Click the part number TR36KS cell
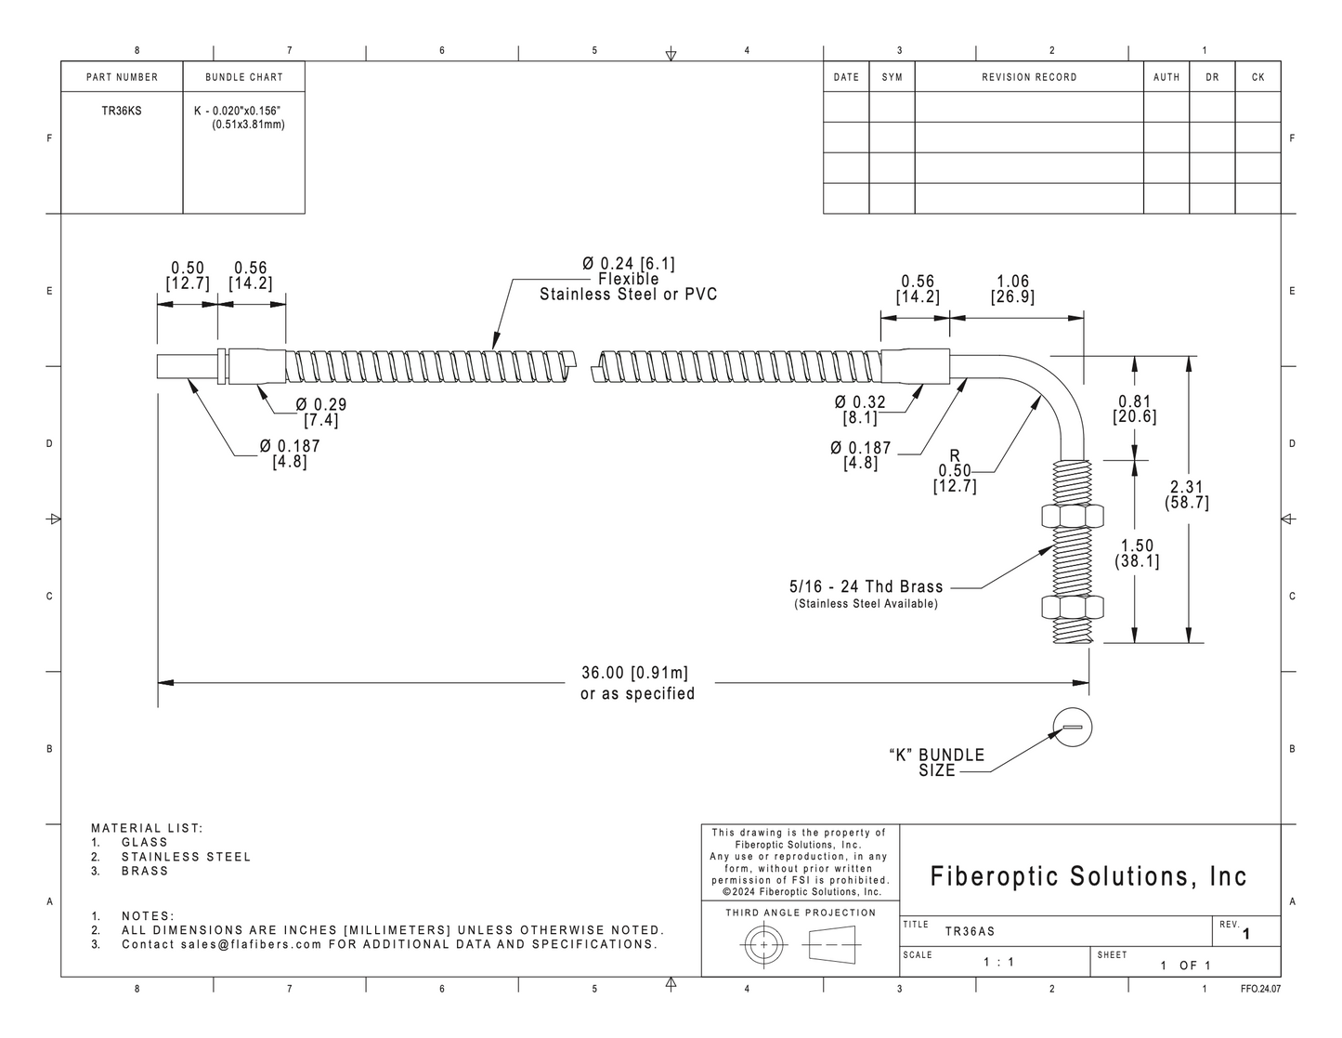pyautogui.click(x=122, y=112)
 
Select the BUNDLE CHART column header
pyautogui.click(x=244, y=77)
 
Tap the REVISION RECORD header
pyautogui.click(x=1029, y=77)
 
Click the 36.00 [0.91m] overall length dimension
pyautogui.click(x=635, y=672)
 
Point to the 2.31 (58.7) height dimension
pyautogui.click(x=1186, y=494)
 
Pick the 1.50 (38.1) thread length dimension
pyautogui.click(x=1137, y=553)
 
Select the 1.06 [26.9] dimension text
pyautogui.click(x=1013, y=289)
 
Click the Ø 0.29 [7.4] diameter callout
pyautogui.click(x=320, y=412)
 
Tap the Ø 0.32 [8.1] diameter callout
pyautogui.click(x=860, y=410)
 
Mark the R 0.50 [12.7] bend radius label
pyautogui.click(x=955, y=471)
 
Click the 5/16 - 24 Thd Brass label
pyautogui.click(x=866, y=586)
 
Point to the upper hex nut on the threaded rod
pyautogui.click(x=1072, y=516)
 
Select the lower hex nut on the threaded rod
pyautogui.click(x=1072, y=608)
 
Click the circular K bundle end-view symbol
pyautogui.click(x=1072, y=728)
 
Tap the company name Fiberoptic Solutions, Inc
pyautogui.click(x=1088, y=876)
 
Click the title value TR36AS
pyautogui.click(x=970, y=932)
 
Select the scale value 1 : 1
pyautogui.click(x=998, y=962)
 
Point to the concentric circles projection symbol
pyautogui.click(x=764, y=945)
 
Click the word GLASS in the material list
pyautogui.click(x=145, y=842)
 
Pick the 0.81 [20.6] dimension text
pyautogui.click(x=1135, y=408)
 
